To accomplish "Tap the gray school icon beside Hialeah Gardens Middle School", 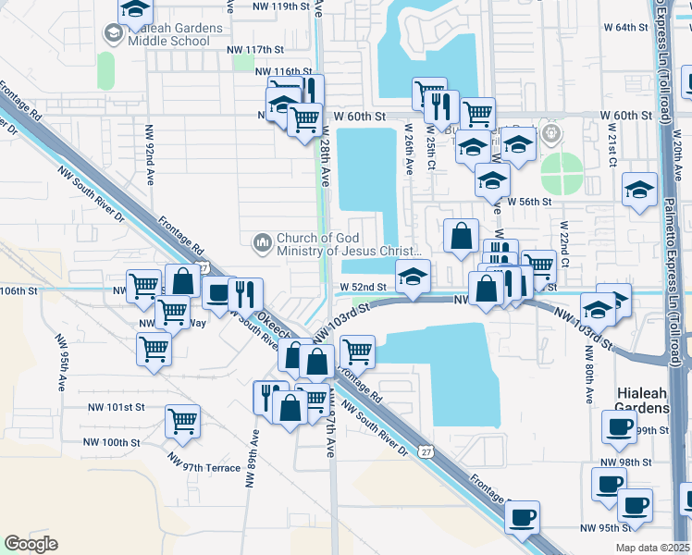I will pos(113,35).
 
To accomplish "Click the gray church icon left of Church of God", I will pos(262,243).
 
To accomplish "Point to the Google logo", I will pos(31,543).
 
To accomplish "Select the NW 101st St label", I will pos(117,406).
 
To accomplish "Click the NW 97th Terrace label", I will pos(204,468).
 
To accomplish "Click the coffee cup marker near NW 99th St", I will pos(619,427).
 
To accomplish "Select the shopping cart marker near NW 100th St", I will pos(183,421).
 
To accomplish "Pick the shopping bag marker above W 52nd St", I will pos(461,236).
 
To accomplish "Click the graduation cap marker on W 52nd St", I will pos(413,275).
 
